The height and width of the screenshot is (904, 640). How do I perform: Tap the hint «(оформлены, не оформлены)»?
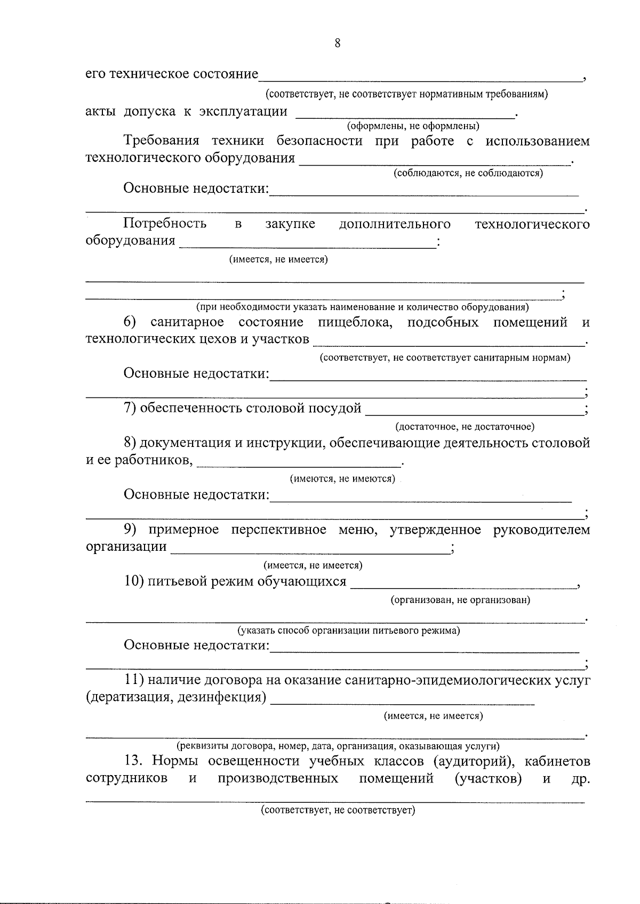[x=413, y=126]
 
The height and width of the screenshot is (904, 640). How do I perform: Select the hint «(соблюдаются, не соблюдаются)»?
[x=468, y=173]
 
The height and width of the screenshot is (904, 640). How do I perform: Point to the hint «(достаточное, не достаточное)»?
[x=465, y=426]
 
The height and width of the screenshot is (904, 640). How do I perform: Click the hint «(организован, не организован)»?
[x=461, y=600]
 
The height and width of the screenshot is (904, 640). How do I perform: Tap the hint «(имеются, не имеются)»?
[x=342, y=478]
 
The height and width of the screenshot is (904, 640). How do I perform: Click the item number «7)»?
[x=131, y=409]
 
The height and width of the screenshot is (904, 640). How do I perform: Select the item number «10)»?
[x=134, y=581]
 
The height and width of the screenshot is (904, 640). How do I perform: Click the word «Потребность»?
[x=165, y=224]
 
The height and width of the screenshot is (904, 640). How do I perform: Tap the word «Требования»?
[x=161, y=141]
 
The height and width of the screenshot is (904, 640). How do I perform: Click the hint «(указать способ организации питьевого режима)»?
[x=349, y=631]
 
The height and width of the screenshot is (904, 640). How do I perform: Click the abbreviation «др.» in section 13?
[x=580, y=779]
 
